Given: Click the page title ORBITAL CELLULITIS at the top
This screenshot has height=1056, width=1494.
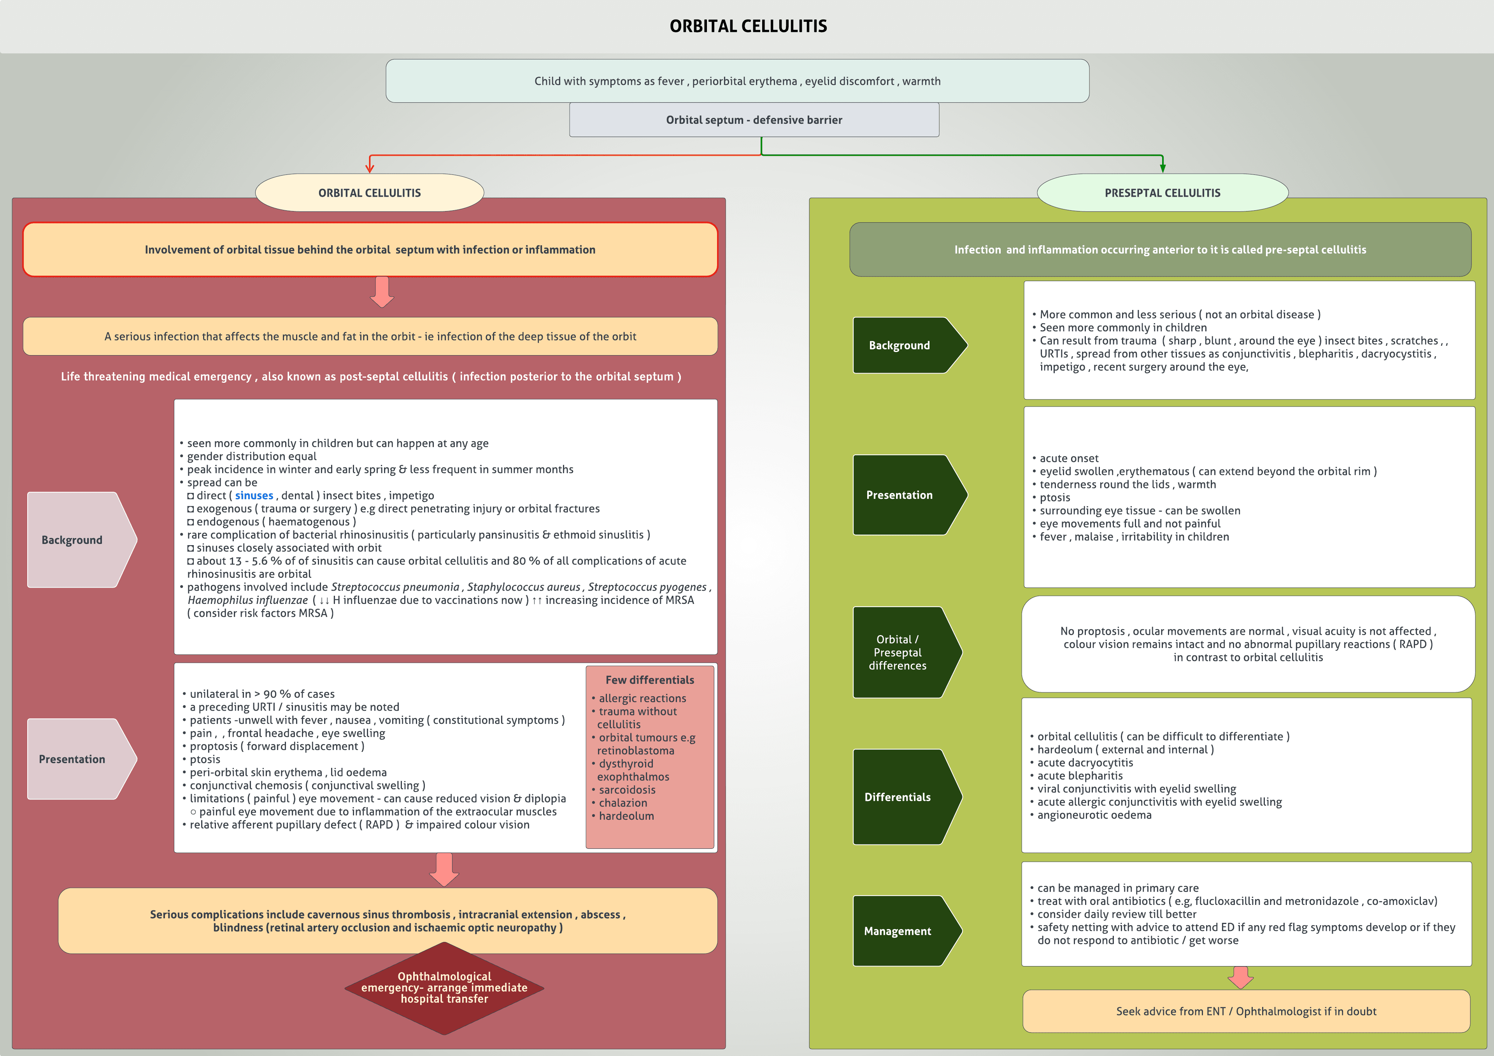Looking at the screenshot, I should tap(748, 26).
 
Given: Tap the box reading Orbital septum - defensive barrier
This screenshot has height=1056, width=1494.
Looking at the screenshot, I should tap(754, 120).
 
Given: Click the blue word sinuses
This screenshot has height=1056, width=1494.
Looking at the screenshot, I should tap(254, 495).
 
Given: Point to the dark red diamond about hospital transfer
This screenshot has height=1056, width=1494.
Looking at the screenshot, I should tap(444, 987).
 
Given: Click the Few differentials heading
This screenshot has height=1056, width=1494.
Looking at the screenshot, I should tap(649, 680).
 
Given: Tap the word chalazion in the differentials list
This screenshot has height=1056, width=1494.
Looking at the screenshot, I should tap(623, 803).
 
